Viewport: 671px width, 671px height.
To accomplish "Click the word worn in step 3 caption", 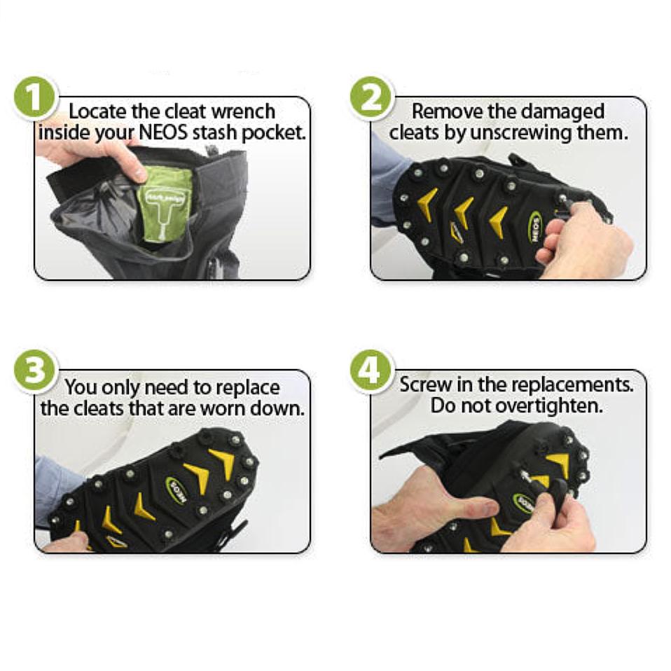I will click(233, 408).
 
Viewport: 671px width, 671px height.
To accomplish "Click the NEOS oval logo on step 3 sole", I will click(177, 488).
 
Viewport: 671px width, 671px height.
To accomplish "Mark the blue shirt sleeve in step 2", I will click(387, 175).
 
